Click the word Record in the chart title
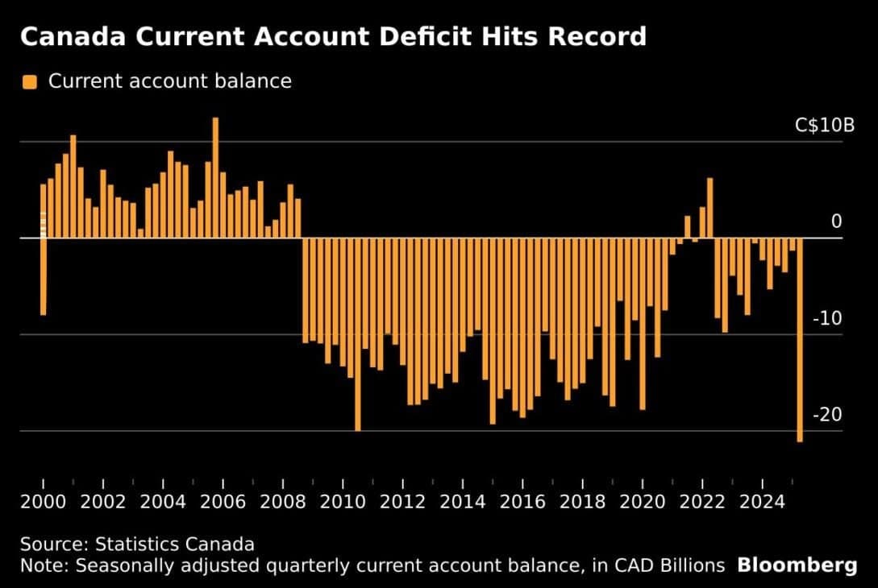(593, 37)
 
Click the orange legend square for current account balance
(30, 81)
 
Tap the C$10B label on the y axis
(823, 126)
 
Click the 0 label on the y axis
(836, 222)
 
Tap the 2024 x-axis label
(763, 502)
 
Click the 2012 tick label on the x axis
(402, 502)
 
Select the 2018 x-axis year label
(583, 502)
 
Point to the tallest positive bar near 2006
(215, 177)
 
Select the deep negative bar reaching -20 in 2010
(358, 334)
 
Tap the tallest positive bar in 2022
(709, 208)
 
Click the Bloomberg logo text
(797, 565)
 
